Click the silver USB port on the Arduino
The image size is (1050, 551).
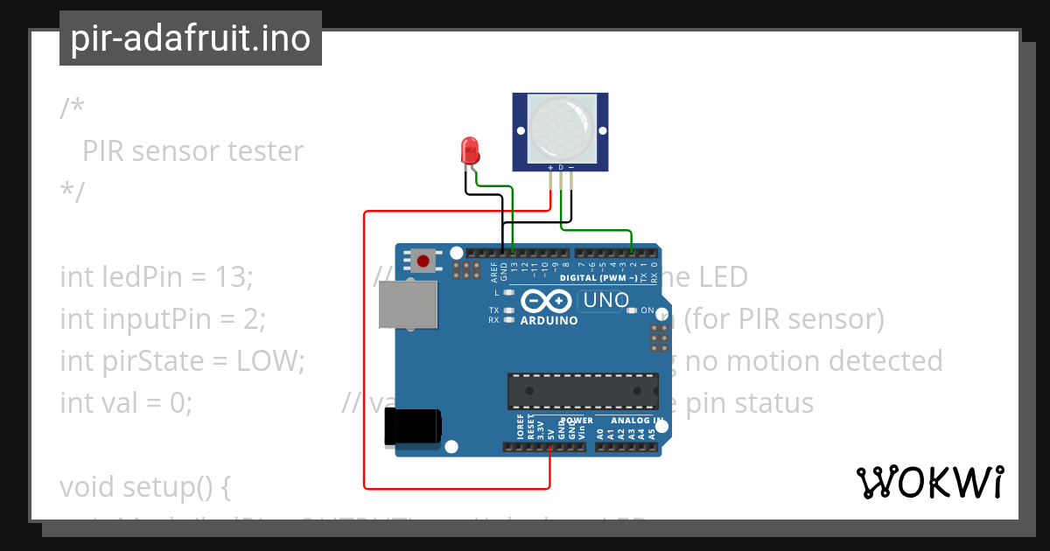point(409,306)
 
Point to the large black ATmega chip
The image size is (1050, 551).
point(583,390)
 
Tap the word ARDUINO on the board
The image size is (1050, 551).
point(549,320)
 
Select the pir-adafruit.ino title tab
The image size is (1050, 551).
point(191,38)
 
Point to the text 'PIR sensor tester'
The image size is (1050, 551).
point(192,151)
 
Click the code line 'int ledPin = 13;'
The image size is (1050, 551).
point(156,277)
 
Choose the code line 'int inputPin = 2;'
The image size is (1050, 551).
point(162,319)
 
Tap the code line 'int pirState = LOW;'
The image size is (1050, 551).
point(182,360)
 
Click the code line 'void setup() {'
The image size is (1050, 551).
point(144,486)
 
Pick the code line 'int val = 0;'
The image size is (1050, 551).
point(126,403)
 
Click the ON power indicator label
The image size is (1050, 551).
point(647,310)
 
